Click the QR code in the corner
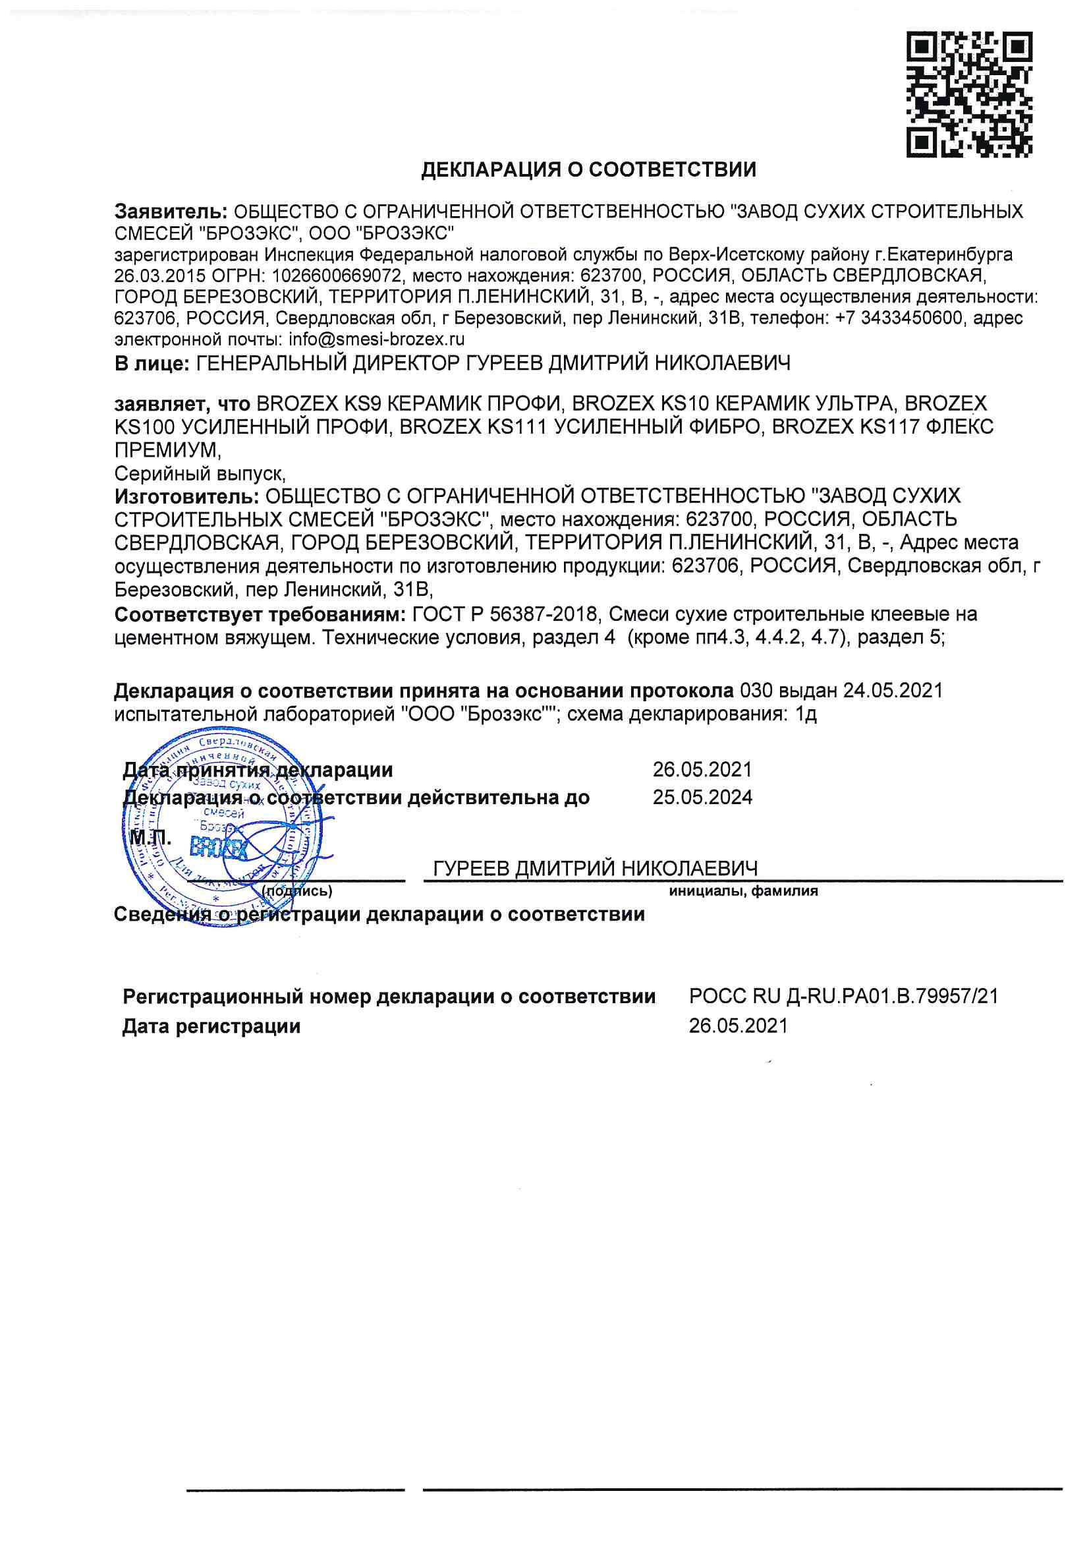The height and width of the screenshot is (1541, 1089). coord(969,95)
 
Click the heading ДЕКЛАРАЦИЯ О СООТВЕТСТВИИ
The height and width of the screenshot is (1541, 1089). coord(588,170)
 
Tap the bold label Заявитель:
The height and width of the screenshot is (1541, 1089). coord(171,212)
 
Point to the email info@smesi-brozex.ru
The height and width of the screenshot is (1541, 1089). coord(376,339)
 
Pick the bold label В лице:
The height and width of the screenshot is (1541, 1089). coord(152,364)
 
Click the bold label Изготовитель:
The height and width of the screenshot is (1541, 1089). coord(186,496)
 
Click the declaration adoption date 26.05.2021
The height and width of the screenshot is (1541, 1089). coord(702,769)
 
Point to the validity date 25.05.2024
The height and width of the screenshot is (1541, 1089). coord(702,798)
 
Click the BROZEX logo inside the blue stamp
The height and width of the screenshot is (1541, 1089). coord(218,849)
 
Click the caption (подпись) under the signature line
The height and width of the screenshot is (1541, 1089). coord(296,891)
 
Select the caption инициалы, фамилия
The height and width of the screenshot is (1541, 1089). coord(742,891)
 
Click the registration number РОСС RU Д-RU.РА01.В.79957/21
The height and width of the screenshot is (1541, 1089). coord(843,996)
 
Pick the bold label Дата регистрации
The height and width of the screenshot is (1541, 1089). coord(211,1026)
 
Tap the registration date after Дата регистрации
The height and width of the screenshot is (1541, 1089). coord(738,1026)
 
